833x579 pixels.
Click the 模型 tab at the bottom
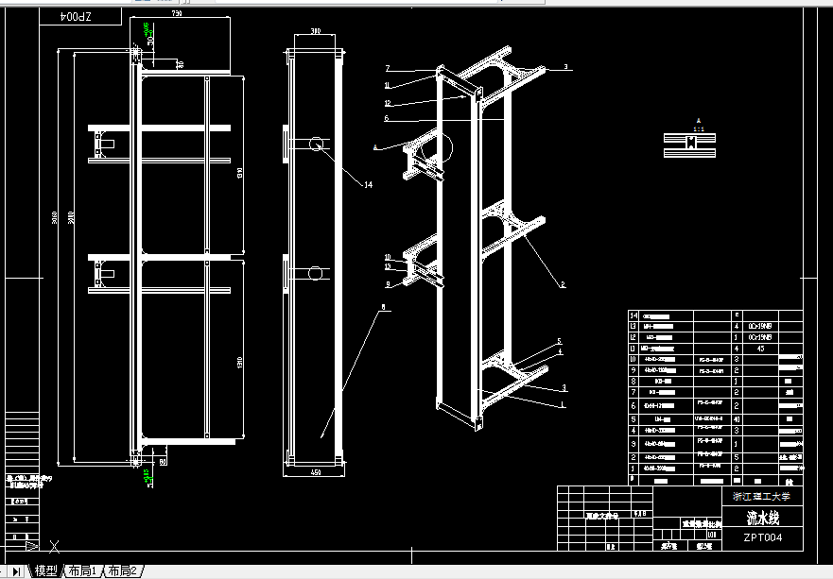46,570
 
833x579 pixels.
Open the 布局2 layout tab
123,570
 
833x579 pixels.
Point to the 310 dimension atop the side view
315,30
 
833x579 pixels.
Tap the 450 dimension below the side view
314,472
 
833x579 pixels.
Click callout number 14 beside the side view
368,185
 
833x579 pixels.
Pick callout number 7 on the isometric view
388,68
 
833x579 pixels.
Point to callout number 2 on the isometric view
563,284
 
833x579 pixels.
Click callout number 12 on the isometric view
388,102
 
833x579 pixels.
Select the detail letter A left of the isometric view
376,146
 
